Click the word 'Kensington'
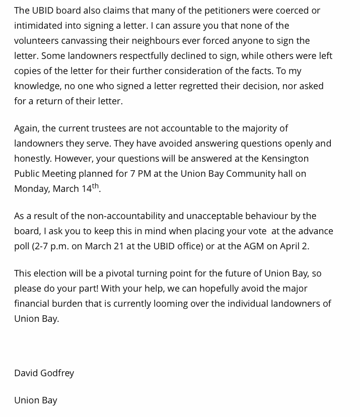pyautogui.click(x=284, y=158)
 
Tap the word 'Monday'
pyautogui.click(x=31, y=188)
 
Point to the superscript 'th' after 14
pyautogui.click(x=95, y=186)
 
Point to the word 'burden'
pyautogui.click(x=62, y=303)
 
